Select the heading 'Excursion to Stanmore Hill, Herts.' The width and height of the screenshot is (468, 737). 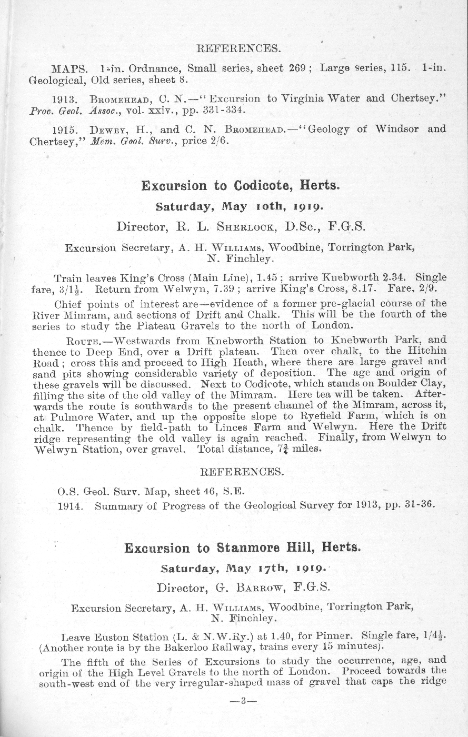243,548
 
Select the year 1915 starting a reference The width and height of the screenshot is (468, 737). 64,130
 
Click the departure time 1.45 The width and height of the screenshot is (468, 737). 267,277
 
